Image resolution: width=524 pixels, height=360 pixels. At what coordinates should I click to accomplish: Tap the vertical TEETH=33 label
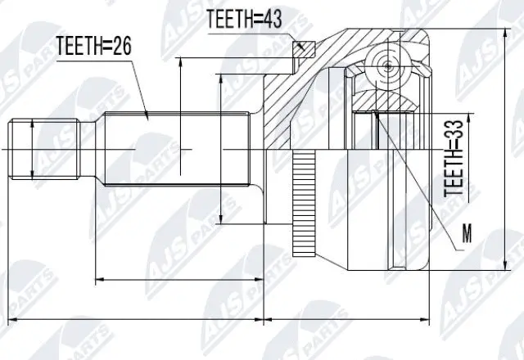tap(454, 160)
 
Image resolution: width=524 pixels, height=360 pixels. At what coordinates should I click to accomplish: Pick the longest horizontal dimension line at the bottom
tap(221, 315)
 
